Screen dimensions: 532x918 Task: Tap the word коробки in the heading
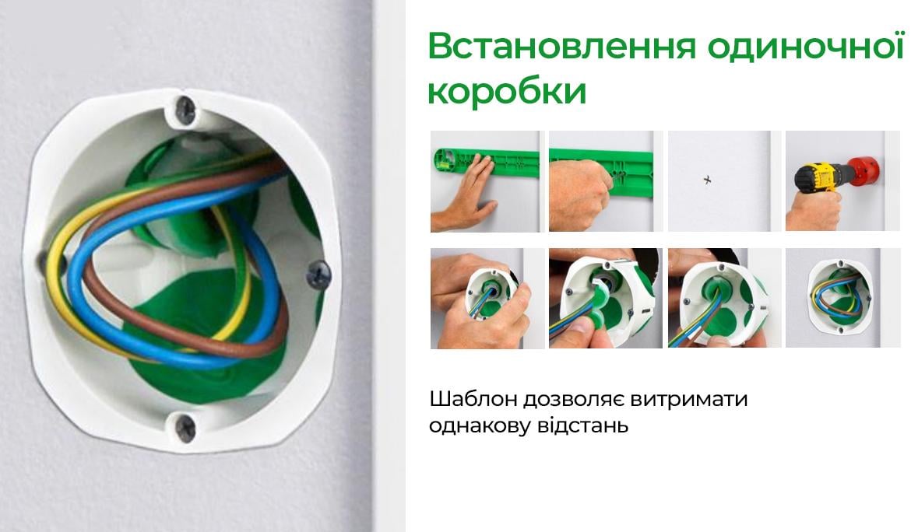tap(506, 92)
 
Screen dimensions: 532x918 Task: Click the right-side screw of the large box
tap(319, 271)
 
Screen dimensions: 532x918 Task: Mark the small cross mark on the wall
tap(708, 180)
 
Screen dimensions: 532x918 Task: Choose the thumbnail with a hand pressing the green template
tap(486, 181)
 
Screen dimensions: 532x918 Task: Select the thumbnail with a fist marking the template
tap(605, 181)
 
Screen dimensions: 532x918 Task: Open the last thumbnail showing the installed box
tap(842, 299)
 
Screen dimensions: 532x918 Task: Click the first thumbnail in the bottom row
tap(486, 299)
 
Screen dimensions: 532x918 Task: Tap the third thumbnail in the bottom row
tap(724, 299)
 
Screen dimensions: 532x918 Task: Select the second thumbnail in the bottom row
tap(605, 299)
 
